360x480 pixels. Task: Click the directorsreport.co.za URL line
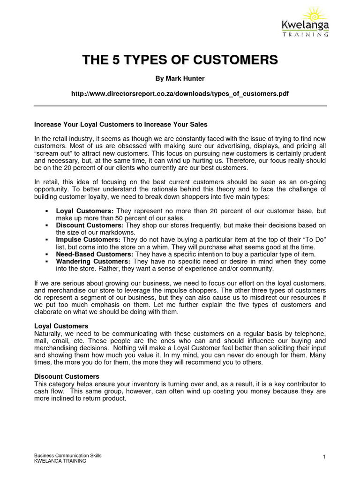[x=180, y=94]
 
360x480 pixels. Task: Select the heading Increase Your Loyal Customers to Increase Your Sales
[x=121, y=125]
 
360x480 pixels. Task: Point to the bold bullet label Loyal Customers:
[x=84, y=211]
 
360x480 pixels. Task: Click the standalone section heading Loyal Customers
[x=61, y=326]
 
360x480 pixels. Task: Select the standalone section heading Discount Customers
[x=67, y=376]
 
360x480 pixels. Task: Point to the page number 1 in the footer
[x=324, y=457]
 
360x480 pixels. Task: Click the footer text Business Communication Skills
[x=68, y=456]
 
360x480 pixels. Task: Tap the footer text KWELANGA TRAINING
[x=60, y=461]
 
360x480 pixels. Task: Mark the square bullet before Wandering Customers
[x=47, y=262]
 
